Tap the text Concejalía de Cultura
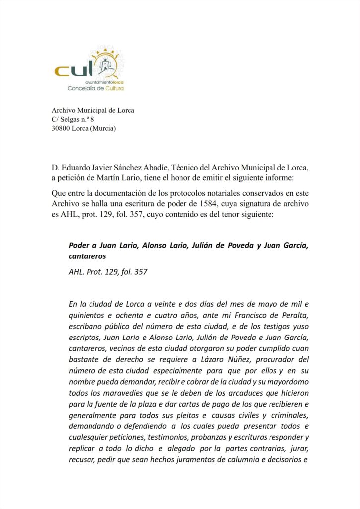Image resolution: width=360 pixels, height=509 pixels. pyautogui.click(x=95, y=88)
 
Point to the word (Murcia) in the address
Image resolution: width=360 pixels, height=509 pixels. pyautogui.click(x=102, y=129)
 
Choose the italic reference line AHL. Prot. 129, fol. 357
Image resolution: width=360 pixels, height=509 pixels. pyautogui.click(x=108, y=272)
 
